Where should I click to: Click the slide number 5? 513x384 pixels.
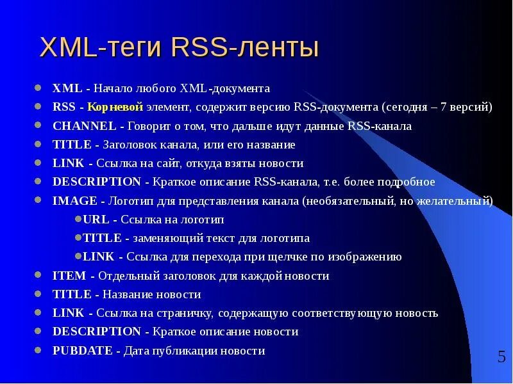point(501,356)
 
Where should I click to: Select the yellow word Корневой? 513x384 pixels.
point(115,107)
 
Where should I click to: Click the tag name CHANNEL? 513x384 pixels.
point(84,126)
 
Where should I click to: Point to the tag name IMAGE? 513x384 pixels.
point(74,201)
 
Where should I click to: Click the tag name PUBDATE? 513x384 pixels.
point(82,351)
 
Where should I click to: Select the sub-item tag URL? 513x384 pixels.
point(96,220)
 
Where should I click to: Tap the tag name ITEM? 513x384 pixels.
point(69,276)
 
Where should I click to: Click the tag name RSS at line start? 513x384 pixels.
point(64,107)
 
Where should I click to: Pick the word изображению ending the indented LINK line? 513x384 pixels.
point(365,257)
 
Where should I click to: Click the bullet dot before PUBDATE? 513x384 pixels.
point(38,350)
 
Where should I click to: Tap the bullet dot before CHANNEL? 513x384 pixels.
point(38,125)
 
